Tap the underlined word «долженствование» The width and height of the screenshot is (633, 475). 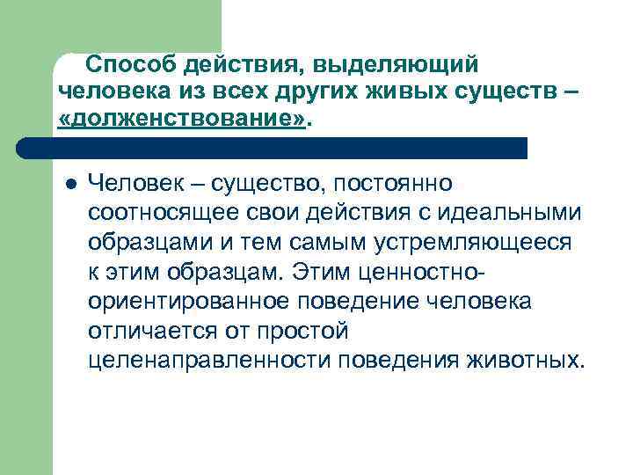pos(183,118)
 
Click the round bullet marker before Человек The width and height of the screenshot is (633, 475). pos(70,184)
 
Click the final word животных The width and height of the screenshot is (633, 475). pos(529,360)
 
